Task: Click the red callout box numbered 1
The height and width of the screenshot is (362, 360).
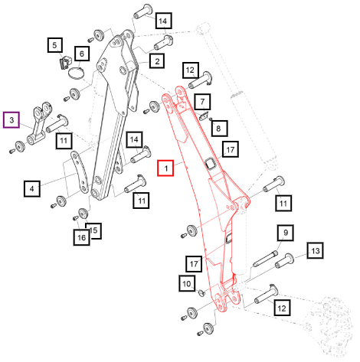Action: (x=165, y=168)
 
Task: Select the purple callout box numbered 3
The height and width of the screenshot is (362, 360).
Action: (x=11, y=119)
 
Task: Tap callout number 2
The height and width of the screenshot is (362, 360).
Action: (x=157, y=61)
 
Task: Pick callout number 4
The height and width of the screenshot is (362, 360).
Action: (x=32, y=189)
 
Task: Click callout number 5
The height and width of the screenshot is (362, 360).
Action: (x=55, y=45)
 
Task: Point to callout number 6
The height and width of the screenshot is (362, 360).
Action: (x=82, y=54)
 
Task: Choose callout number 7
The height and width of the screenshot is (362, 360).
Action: (x=202, y=102)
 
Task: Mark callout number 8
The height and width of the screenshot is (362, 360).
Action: (x=218, y=128)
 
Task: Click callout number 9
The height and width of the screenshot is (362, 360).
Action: (x=286, y=233)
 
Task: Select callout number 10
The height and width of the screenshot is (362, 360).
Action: (x=187, y=283)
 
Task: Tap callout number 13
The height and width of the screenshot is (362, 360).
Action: (x=316, y=250)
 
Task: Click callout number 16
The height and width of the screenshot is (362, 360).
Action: (x=81, y=237)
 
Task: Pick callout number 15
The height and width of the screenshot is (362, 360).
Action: (x=93, y=230)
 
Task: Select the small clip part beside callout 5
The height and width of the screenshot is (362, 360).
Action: (x=65, y=63)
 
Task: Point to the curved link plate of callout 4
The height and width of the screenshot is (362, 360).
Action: (x=80, y=172)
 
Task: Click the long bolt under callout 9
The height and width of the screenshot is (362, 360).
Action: (x=265, y=259)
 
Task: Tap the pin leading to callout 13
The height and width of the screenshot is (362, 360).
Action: (x=284, y=261)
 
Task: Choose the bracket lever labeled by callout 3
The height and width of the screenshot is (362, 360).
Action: (x=40, y=123)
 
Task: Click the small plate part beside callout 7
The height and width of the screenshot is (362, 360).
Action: (x=204, y=116)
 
